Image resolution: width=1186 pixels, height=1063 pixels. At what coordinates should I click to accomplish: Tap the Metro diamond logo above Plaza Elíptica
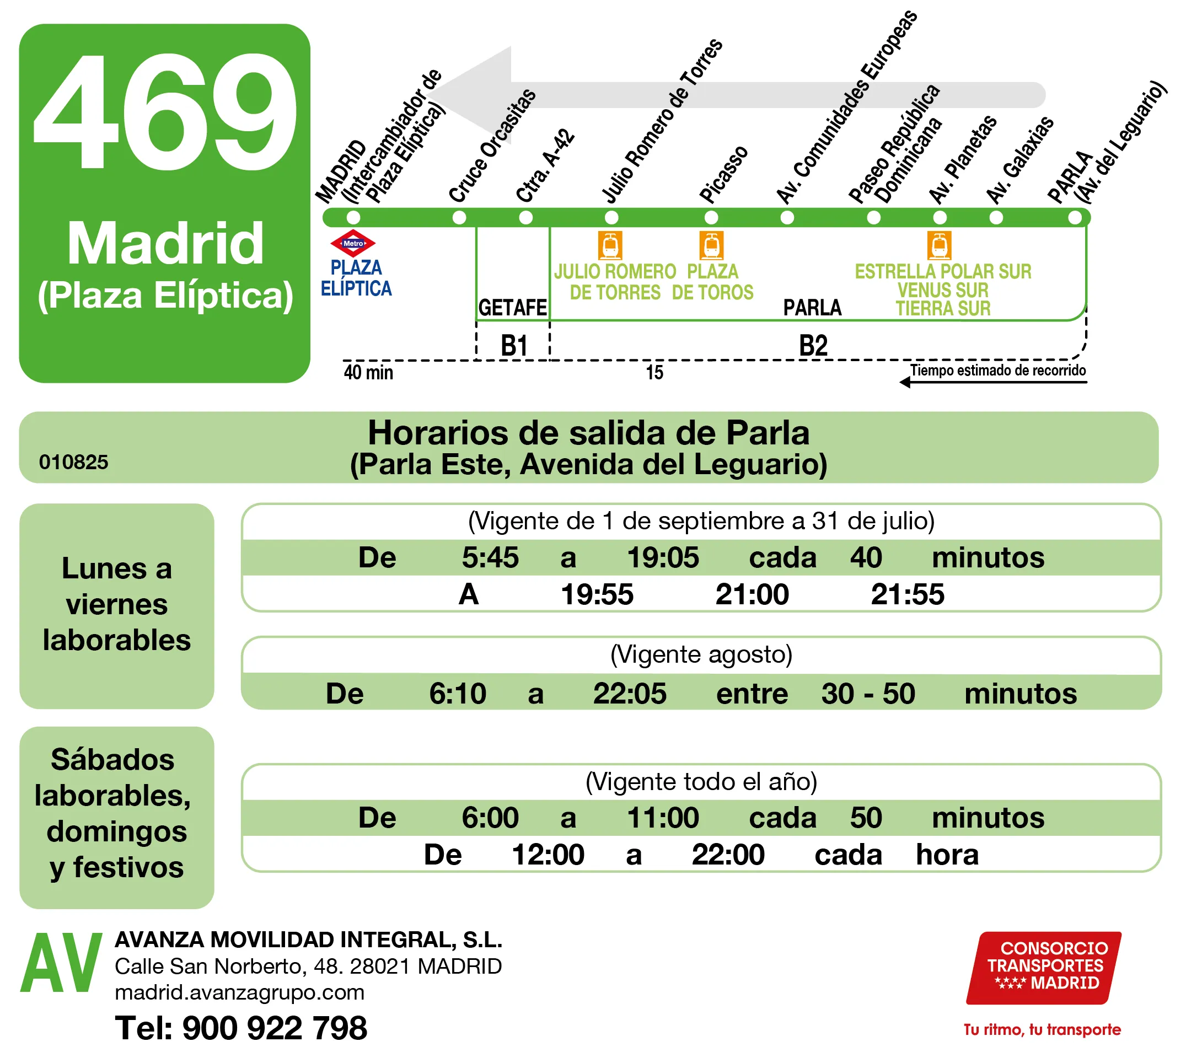point(353,243)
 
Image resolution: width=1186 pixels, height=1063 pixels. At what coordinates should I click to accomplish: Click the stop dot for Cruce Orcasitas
point(459,218)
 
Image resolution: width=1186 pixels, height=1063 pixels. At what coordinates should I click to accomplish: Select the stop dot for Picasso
point(711,218)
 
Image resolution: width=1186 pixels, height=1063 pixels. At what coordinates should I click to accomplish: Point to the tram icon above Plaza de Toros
point(711,245)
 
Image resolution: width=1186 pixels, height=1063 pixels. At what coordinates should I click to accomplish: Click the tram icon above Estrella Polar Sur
point(938,245)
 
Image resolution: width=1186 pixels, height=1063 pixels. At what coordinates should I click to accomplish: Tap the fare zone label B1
point(513,346)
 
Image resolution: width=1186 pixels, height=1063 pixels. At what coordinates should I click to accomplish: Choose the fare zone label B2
point(812,346)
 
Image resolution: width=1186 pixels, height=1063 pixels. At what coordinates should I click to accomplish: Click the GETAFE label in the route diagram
point(512,308)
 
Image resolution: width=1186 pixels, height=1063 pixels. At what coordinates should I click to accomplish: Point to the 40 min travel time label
point(368,373)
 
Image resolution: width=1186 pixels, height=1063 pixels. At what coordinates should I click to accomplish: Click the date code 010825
point(73,462)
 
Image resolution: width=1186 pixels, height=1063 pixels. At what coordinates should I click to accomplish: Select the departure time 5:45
point(490,558)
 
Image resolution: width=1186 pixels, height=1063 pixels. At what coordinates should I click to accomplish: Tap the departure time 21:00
point(752,594)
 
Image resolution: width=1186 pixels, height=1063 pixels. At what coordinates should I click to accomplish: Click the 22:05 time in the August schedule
point(630,694)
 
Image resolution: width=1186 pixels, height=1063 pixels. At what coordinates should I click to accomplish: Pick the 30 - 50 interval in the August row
point(867,694)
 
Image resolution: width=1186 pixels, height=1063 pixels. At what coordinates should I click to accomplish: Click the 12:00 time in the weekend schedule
point(548,855)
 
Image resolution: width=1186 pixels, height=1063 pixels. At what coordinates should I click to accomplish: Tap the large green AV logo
point(61,964)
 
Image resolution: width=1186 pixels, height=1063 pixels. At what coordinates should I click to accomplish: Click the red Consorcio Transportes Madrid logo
point(1043,968)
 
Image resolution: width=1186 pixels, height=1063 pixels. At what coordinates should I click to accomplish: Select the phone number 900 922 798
point(275,1028)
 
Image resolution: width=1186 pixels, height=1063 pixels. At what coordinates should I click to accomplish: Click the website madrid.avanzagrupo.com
point(239,992)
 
